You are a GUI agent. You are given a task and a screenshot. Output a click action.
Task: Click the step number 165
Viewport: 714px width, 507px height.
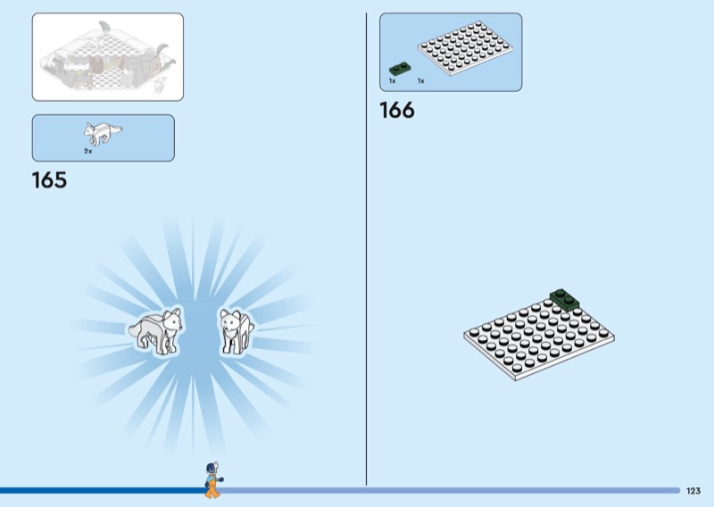[x=49, y=180]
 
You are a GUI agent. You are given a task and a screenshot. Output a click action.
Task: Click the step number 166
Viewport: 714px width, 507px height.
[x=397, y=111]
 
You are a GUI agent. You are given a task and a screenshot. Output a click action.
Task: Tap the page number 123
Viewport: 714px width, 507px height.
[x=693, y=491]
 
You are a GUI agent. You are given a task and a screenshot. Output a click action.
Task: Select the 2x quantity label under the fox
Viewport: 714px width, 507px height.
[x=88, y=152]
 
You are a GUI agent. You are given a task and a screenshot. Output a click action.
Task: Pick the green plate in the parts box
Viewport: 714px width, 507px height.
[x=399, y=68]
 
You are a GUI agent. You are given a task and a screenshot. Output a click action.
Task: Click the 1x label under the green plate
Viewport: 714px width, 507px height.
[x=392, y=81]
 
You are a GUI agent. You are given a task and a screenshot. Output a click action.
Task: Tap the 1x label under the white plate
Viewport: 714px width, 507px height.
[x=420, y=81]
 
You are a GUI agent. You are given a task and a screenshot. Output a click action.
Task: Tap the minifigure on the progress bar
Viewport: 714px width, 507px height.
[x=212, y=480]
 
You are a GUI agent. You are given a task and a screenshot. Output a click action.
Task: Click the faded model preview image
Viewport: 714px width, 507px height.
[x=108, y=57]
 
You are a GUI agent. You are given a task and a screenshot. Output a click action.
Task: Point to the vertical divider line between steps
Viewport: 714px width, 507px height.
[x=367, y=250]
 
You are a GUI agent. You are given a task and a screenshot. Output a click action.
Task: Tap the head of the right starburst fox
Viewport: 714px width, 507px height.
[x=232, y=319]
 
